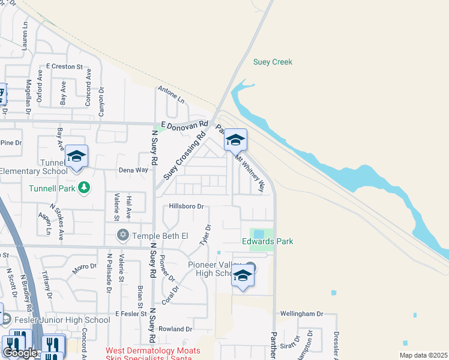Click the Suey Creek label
click(273, 62)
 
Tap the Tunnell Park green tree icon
click(84, 188)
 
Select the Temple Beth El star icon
click(124, 234)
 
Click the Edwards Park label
click(267, 241)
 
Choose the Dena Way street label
click(133, 170)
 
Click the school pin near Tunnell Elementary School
click(77, 156)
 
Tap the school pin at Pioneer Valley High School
click(243, 275)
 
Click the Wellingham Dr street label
click(302, 314)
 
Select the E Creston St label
click(64, 66)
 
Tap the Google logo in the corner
click(20, 352)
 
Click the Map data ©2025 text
click(423, 355)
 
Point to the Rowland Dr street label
click(175, 329)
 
